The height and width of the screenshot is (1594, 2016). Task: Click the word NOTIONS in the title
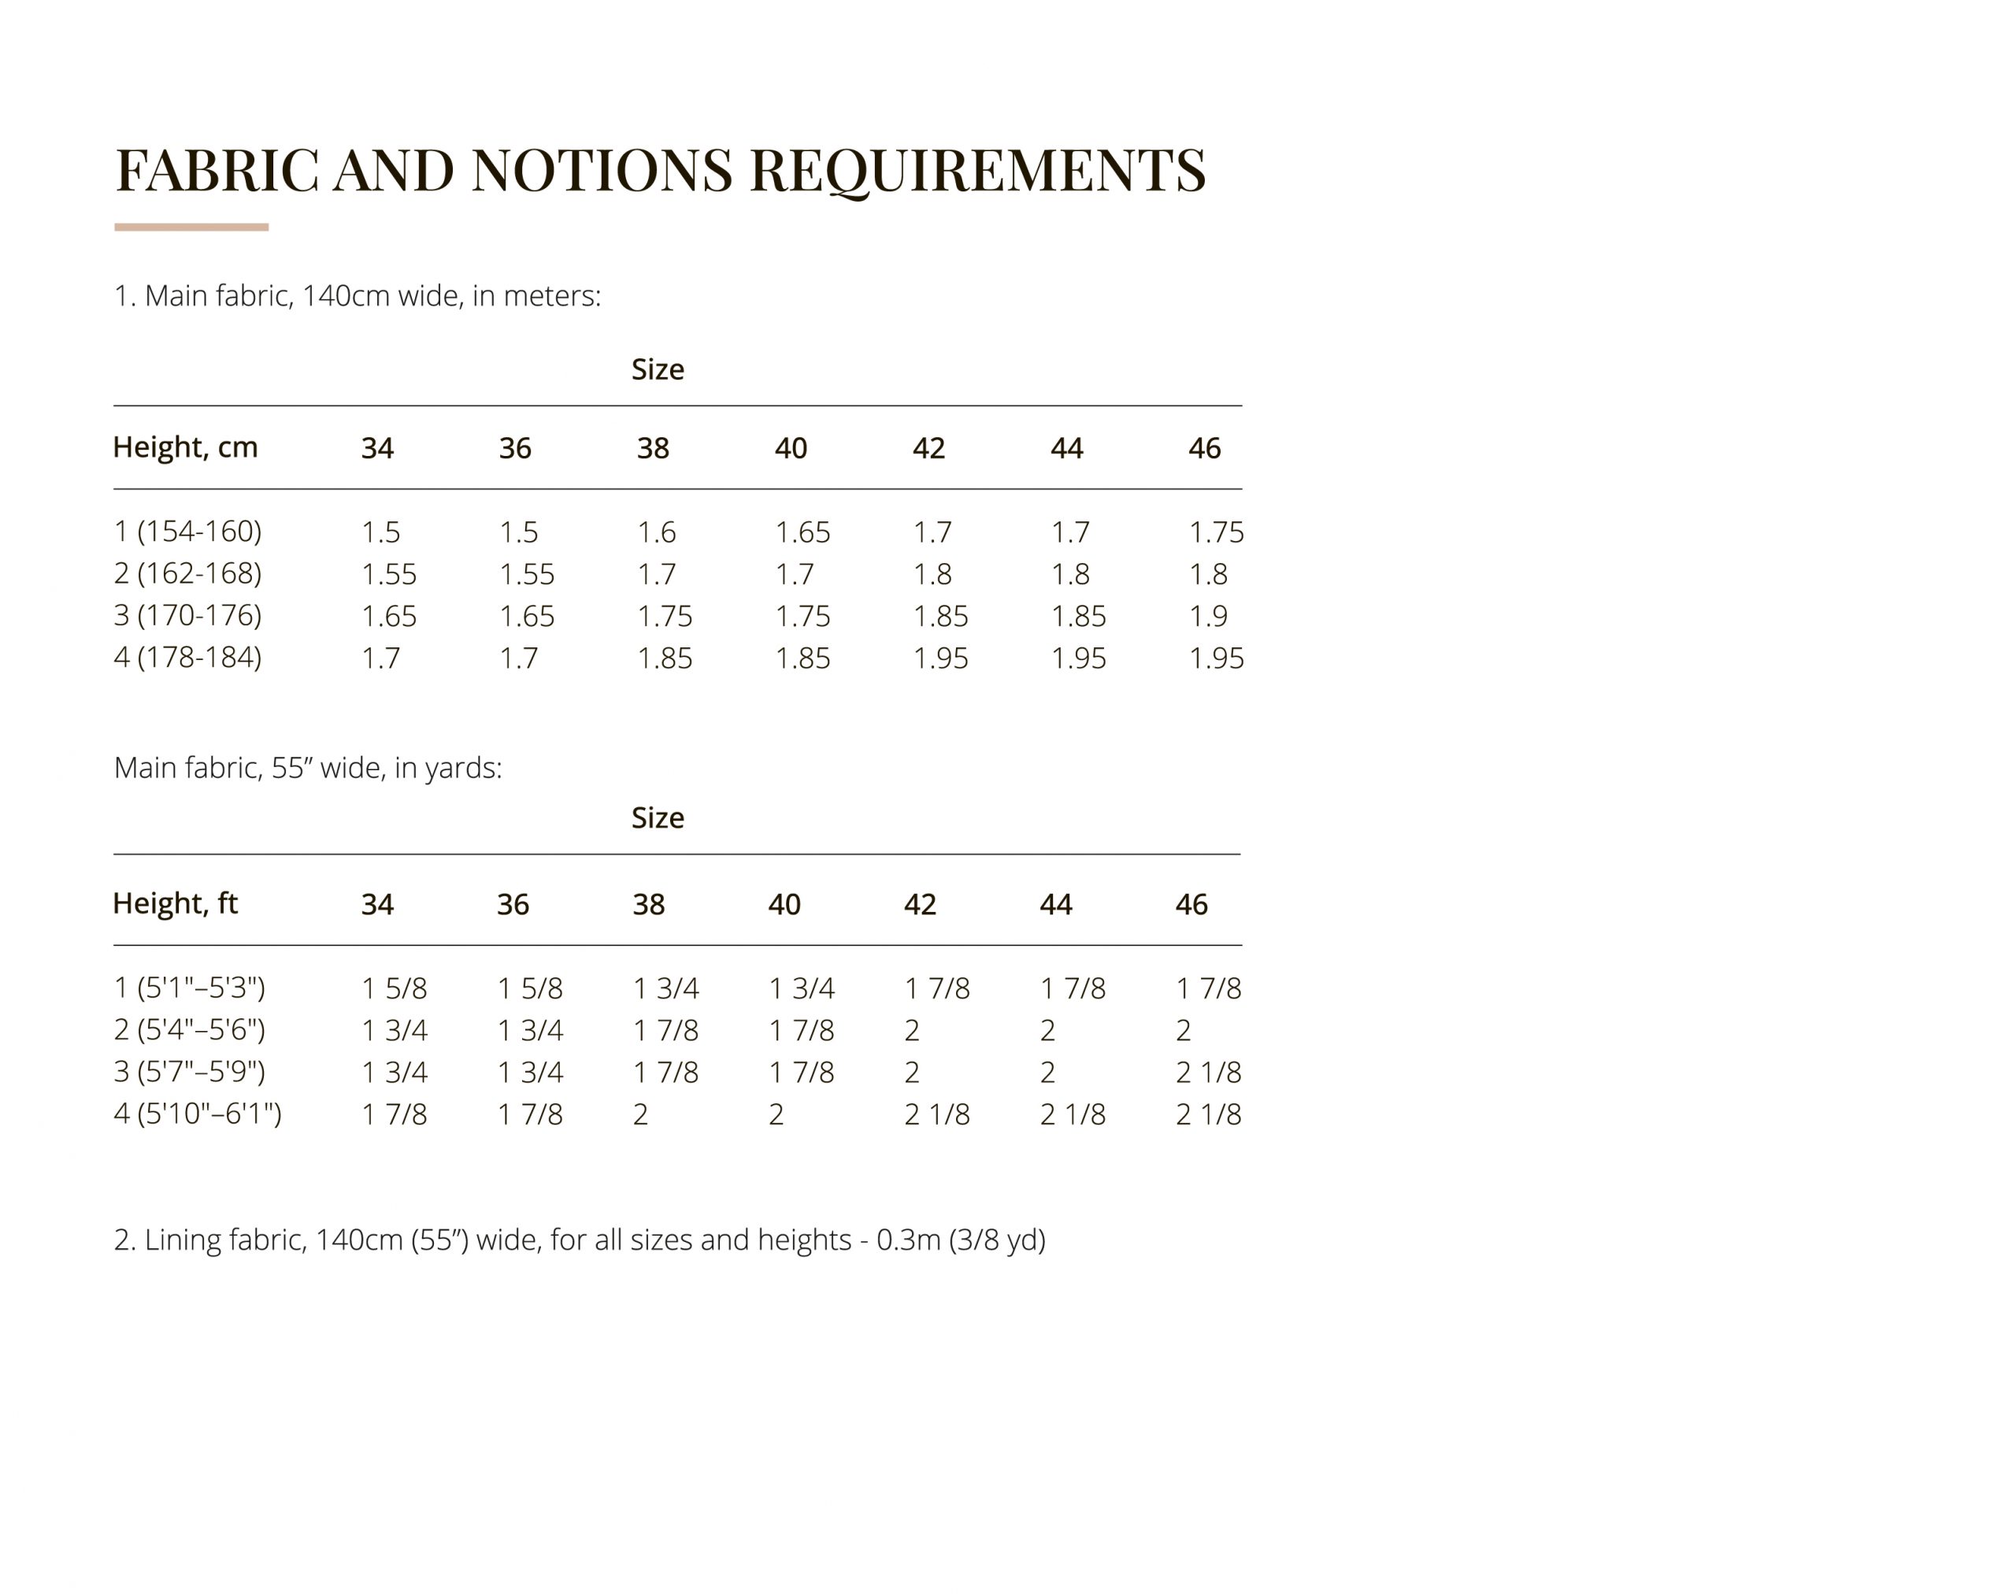601,170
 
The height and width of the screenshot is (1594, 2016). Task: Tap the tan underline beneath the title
191,227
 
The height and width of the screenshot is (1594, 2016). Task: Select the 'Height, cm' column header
185,447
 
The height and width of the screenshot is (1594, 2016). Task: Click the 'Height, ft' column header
175,903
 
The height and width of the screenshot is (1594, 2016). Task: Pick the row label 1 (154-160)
187,531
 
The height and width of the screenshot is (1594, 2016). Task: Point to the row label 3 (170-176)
187,615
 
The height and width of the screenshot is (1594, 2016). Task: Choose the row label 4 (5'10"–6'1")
197,1114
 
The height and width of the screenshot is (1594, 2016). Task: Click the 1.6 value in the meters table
656,532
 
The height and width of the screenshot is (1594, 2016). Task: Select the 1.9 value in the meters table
1208,616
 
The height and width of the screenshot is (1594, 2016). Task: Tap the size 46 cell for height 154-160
1215,532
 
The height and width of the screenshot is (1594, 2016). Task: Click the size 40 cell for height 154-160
802,532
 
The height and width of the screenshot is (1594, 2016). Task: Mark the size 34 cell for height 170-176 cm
388,616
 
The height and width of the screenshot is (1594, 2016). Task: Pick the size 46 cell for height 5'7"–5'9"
1208,1073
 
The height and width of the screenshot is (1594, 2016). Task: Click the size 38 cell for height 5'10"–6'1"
640,1114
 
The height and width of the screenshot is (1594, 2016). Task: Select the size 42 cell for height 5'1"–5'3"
936,988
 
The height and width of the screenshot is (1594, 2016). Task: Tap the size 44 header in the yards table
1055,904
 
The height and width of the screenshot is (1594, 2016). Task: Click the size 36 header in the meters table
514,448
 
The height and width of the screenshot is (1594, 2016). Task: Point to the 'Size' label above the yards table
657,817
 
